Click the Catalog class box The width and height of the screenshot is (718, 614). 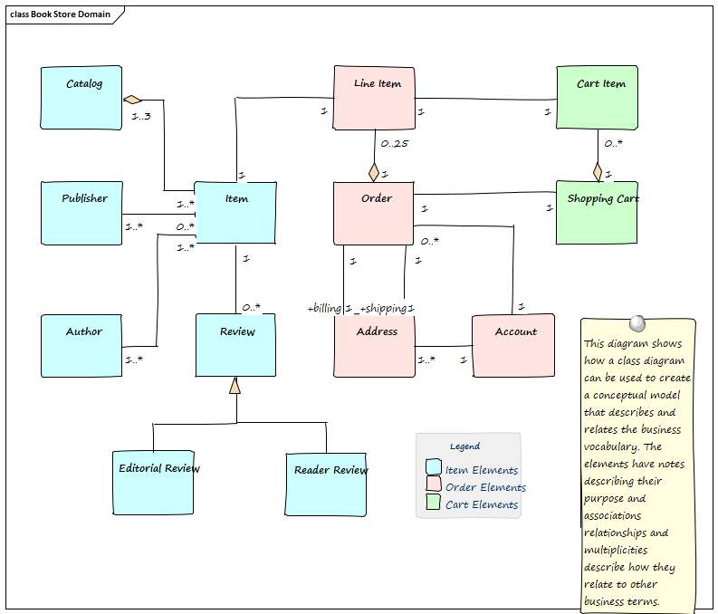coord(81,97)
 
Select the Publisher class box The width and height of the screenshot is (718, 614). coord(81,213)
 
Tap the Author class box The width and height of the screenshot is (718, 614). coord(81,346)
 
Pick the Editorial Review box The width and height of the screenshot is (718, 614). coord(154,483)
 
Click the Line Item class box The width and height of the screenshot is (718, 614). coord(375,97)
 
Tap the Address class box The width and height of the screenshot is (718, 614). coord(375,346)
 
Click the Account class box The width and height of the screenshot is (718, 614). coord(513,346)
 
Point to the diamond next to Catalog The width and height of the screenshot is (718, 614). coord(133,98)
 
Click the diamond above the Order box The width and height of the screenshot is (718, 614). coord(374,172)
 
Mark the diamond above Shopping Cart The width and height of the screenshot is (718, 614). coord(598,171)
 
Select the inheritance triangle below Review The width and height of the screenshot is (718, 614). coord(235,386)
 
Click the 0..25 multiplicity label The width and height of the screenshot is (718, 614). coord(395,143)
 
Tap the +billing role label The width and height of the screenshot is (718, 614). coord(324,309)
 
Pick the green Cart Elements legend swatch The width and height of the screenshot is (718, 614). coord(433,503)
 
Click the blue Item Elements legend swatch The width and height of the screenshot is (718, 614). coord(433,468)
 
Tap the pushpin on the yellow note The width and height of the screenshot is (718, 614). coord(637,322)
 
